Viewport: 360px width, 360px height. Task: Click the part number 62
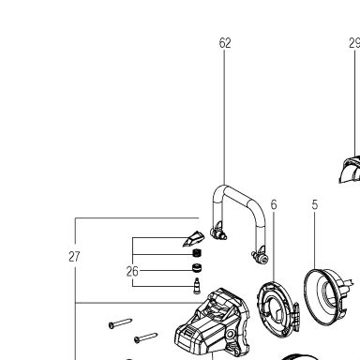[225, 43]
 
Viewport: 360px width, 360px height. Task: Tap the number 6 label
[274, 204]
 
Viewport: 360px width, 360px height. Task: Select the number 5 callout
[315, 204]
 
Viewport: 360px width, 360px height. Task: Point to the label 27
[74, 257]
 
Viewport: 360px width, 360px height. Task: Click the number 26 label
[132, 271]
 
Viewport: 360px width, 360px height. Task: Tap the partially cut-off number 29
[354, 43]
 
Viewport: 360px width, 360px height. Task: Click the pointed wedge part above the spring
[193, 239]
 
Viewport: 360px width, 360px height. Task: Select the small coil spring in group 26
[197, 253]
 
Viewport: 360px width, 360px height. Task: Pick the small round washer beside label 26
[197, 268]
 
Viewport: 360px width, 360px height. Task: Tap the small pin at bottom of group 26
[197, 286]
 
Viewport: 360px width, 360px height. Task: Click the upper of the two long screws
[120, 323]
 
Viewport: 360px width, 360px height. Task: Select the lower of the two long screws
[145, 337]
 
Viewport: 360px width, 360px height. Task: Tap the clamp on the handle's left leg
[218, 232]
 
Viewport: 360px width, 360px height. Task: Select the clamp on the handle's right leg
[261, 255]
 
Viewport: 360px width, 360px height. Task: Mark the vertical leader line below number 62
[224, 117]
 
